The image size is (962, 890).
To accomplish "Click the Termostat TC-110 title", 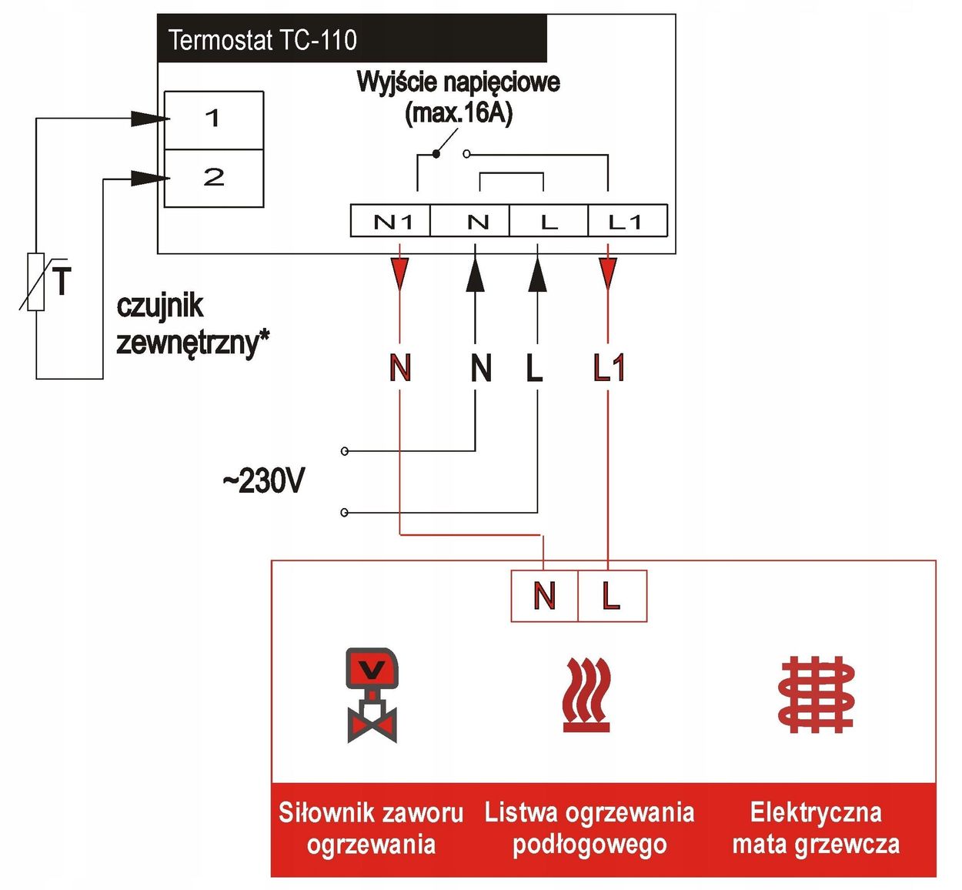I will click(x=262, y=40).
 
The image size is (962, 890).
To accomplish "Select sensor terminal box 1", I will click(x=214, y=119).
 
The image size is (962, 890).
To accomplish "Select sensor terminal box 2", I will click(x=214, y=178).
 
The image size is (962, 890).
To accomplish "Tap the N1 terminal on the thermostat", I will click(x=392, y=222).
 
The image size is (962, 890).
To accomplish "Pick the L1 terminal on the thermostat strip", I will click(x=625, y=222).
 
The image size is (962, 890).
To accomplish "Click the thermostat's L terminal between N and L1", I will click(x=549, y=222).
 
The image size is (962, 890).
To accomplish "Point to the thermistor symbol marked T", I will click(x=37, y=281).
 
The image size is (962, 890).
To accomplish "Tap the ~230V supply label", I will click(x=263, y=481).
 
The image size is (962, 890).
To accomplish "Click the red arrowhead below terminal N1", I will click(x=399, y=273).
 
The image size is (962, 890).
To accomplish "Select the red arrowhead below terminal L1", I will click(x=608, y=273).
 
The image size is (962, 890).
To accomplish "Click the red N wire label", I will click(x=400, y=367).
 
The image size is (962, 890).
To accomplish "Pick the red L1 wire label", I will click(x=609, y=367).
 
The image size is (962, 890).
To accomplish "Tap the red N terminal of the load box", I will click(x=544, y=596).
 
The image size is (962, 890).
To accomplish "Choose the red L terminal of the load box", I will click(x=611, y=596).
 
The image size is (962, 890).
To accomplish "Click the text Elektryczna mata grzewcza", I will click(x=816, y=828).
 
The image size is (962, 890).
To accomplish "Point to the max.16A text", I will click(x=459, y=113).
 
